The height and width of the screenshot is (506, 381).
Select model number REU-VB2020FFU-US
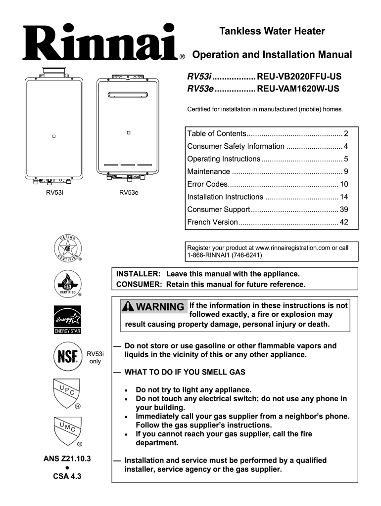[x=299, y=77]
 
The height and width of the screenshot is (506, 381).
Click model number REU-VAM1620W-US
[x=298, y=89]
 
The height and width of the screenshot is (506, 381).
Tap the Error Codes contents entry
[x=207, y=184]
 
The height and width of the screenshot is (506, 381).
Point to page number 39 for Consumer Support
[x=343, y=210]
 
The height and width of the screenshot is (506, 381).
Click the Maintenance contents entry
[x=208, y=171]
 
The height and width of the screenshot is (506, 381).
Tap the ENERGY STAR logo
[x=67, y=319]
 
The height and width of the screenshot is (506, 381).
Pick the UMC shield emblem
[x=67, y=430]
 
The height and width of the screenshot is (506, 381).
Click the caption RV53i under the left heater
[x=54, y=193]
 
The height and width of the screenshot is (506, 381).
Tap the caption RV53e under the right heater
[x=129, y=193]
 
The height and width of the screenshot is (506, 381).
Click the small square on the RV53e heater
[x=128, y=133]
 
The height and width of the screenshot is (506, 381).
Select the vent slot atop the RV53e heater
[x=128, y=94]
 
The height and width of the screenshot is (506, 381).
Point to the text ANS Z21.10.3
[x=67, y=458]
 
